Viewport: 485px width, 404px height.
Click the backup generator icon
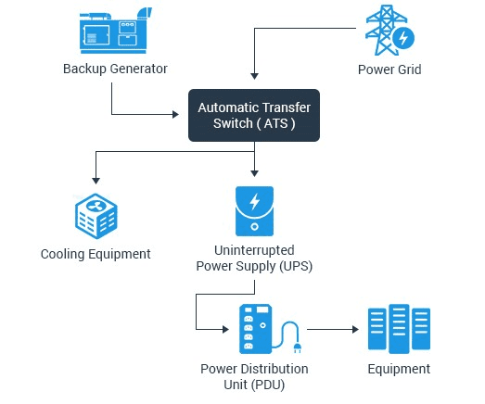[116, 31]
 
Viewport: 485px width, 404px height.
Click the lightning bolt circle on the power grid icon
[403, 38]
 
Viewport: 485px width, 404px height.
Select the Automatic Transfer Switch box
[254, 115]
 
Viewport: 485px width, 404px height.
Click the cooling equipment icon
[96, 216]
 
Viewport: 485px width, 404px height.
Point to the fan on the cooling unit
[96, 206]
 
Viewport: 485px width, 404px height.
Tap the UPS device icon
[254, 211]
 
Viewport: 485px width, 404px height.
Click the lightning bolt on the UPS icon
[255, 201]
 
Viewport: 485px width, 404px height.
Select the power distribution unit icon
[270, 329]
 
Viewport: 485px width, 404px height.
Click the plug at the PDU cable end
[298, 347]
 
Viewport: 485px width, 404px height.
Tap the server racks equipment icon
[399, 329]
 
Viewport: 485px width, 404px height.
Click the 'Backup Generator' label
[115, 69]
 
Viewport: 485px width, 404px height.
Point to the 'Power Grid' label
[389, 69]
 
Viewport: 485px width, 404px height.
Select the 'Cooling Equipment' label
[96, 255]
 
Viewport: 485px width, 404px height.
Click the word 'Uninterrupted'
[254, 250]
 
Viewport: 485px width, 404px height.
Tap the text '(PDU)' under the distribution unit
[268, 385]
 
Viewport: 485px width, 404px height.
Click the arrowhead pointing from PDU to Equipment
[356, 329]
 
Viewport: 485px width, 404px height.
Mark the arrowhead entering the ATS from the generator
[175, 114]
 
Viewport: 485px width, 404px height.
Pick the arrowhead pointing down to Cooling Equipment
[96, 181]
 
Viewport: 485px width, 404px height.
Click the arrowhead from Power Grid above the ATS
[254, 76]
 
